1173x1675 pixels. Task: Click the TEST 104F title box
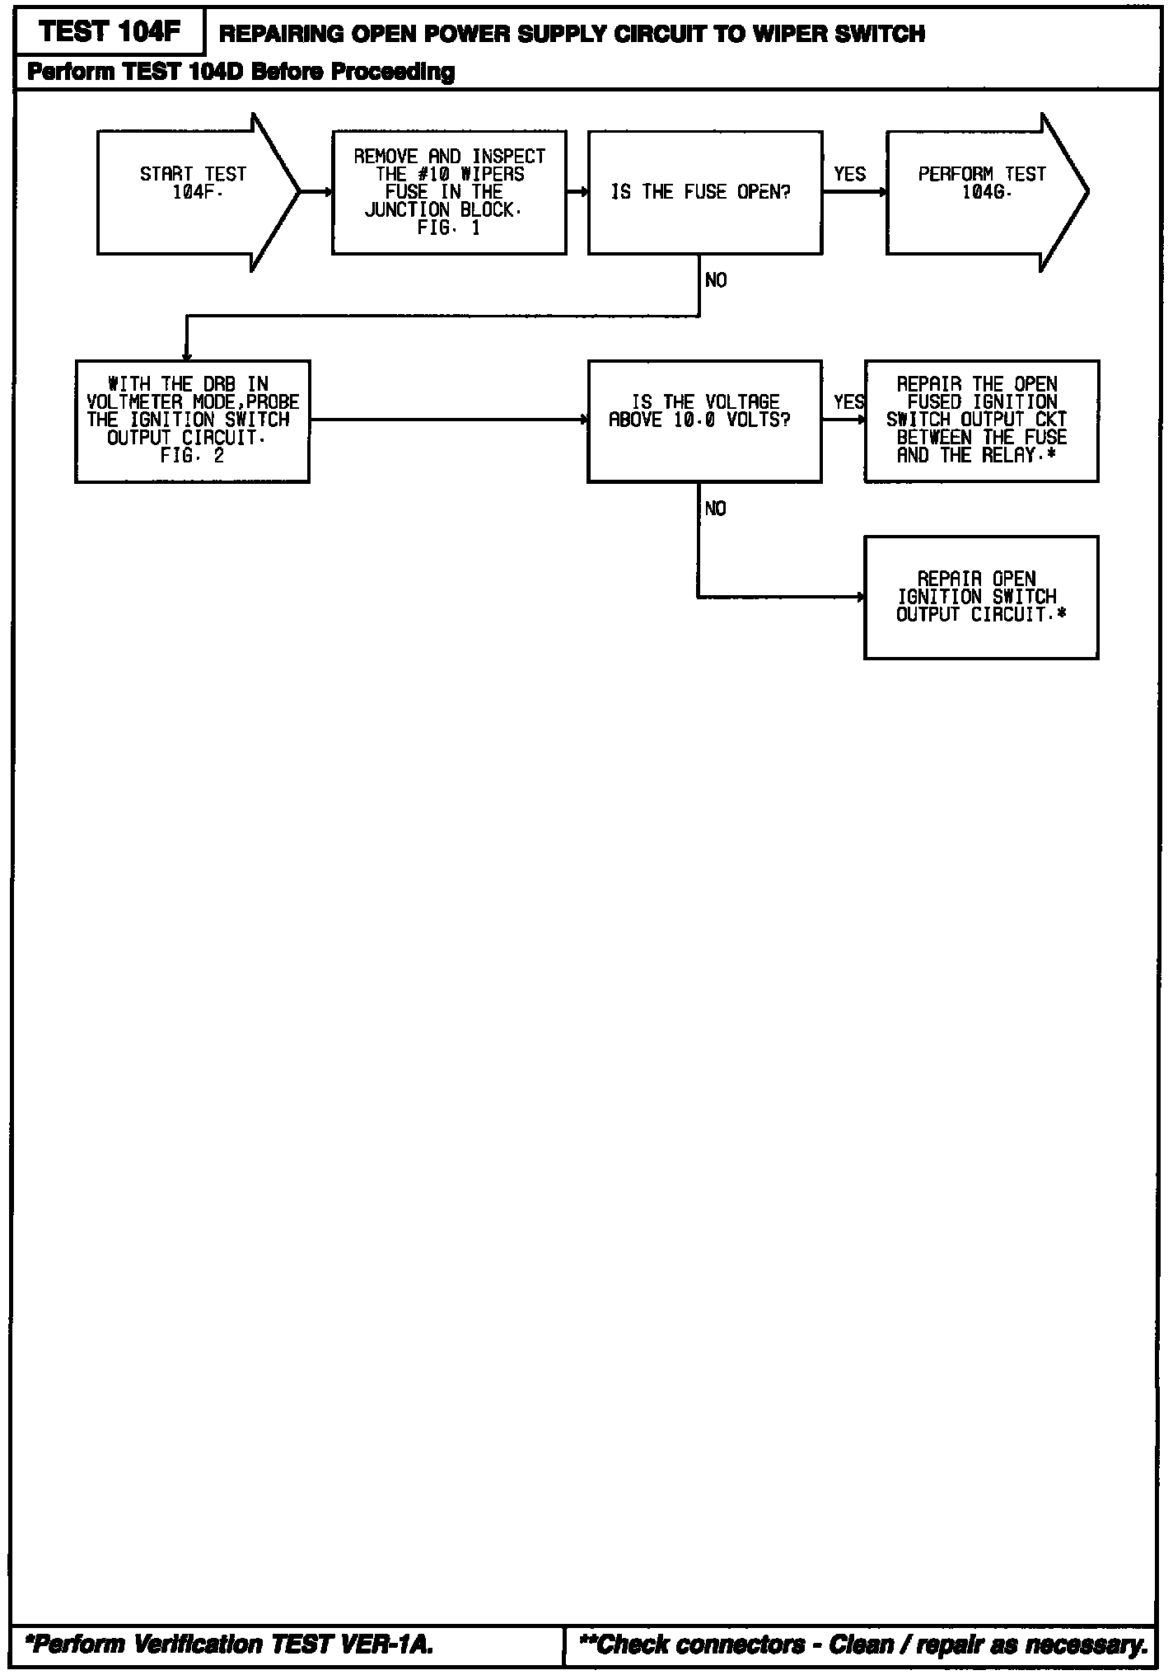click(109, 33)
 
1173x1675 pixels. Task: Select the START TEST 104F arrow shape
click(194, 192)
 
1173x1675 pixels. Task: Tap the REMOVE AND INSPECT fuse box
click(449, 192)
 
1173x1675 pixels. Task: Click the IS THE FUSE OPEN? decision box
click(704, 192)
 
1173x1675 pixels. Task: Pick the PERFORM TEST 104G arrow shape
click(982, 192)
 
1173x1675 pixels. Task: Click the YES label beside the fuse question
click(849, 174)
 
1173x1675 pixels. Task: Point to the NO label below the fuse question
click(716, 281)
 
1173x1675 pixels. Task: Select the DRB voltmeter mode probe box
click(192, 420)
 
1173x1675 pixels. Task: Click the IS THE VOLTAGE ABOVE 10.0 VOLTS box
click(704, 420)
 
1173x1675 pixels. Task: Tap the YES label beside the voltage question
click(848, 402)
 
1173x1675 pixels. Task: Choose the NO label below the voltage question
click(716, 509)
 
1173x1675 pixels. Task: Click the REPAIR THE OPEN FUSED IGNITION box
click(981, 420)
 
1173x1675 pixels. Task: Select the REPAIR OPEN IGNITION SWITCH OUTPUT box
click(981, 597)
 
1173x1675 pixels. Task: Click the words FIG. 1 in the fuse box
click(449, 228)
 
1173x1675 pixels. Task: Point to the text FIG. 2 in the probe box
click(192, 456)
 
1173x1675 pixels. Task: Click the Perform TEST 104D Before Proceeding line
click(241, 72)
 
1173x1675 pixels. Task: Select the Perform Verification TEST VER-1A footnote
click(230, 1645)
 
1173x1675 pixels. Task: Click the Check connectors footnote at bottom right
click(863, 1645)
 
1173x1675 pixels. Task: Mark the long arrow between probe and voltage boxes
click(448, 420)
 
